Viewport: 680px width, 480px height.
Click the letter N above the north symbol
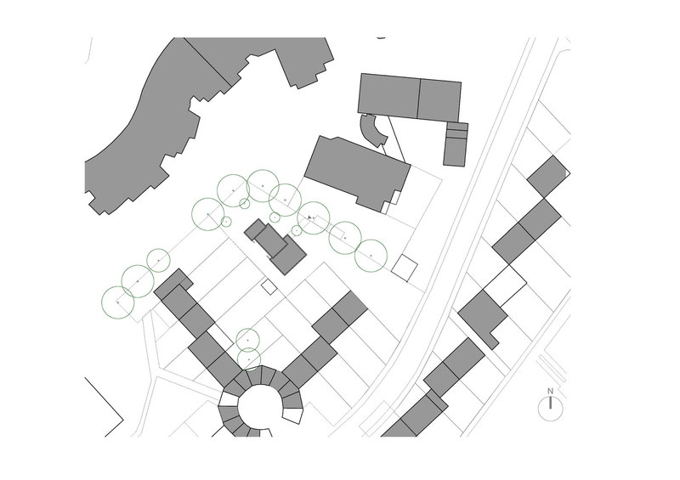coord(550,391)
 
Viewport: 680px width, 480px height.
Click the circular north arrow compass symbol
coord(550,409)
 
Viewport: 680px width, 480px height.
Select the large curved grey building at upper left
coord(204,117)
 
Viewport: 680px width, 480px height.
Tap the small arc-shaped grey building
coord(372,130)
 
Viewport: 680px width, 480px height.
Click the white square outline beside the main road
coord(405,268)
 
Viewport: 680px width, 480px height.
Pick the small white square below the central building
coord(269,287)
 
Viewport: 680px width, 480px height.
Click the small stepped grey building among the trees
coord(275,246)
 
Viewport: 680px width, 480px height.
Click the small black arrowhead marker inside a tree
coord(309,217)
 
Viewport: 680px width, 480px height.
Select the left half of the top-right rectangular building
coord(388,95)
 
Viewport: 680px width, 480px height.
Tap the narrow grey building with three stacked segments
coord(456,144)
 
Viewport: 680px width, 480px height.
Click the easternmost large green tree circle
coord(371,256)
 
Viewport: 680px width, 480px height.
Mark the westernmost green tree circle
coord(118,302)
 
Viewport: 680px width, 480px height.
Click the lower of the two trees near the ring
coord(249,359)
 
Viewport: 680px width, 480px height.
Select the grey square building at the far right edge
coord(548,177)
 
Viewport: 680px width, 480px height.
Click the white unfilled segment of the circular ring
coord(293,415)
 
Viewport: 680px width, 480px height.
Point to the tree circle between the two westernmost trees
coord(138,281)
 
